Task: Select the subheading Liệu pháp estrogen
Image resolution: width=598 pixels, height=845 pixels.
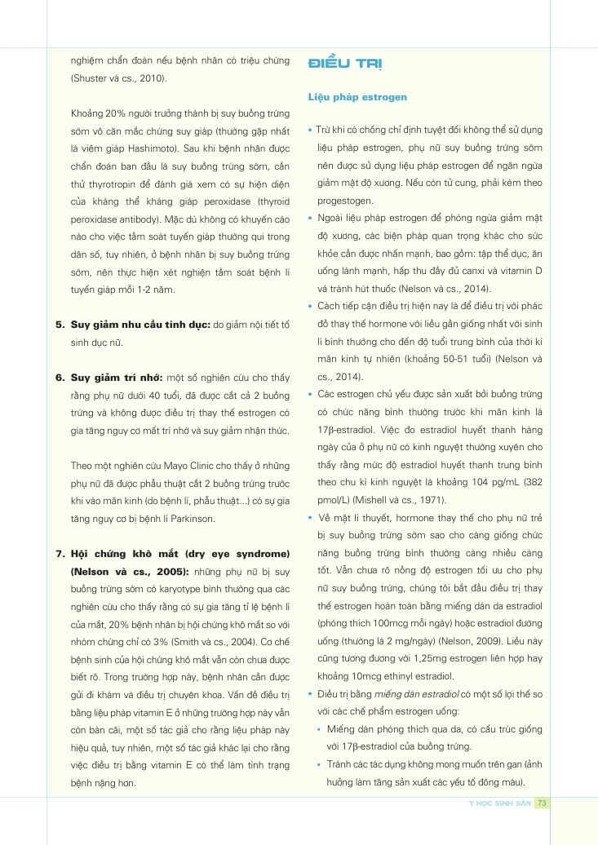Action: tap(357, 97)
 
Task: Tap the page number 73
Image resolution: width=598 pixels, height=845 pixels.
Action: tap(543, 803)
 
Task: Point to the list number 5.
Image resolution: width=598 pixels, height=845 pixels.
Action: tap(60, 325)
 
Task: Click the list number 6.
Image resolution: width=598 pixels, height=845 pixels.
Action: tap(60, 378)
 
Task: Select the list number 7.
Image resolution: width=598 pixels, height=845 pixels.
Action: tap(60, 555)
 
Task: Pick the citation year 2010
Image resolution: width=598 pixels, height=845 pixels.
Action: tap(148, 78)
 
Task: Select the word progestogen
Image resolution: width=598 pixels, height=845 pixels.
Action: tap(346, 201)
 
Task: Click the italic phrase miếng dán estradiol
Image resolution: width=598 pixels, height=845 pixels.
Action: tap(414, 694)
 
